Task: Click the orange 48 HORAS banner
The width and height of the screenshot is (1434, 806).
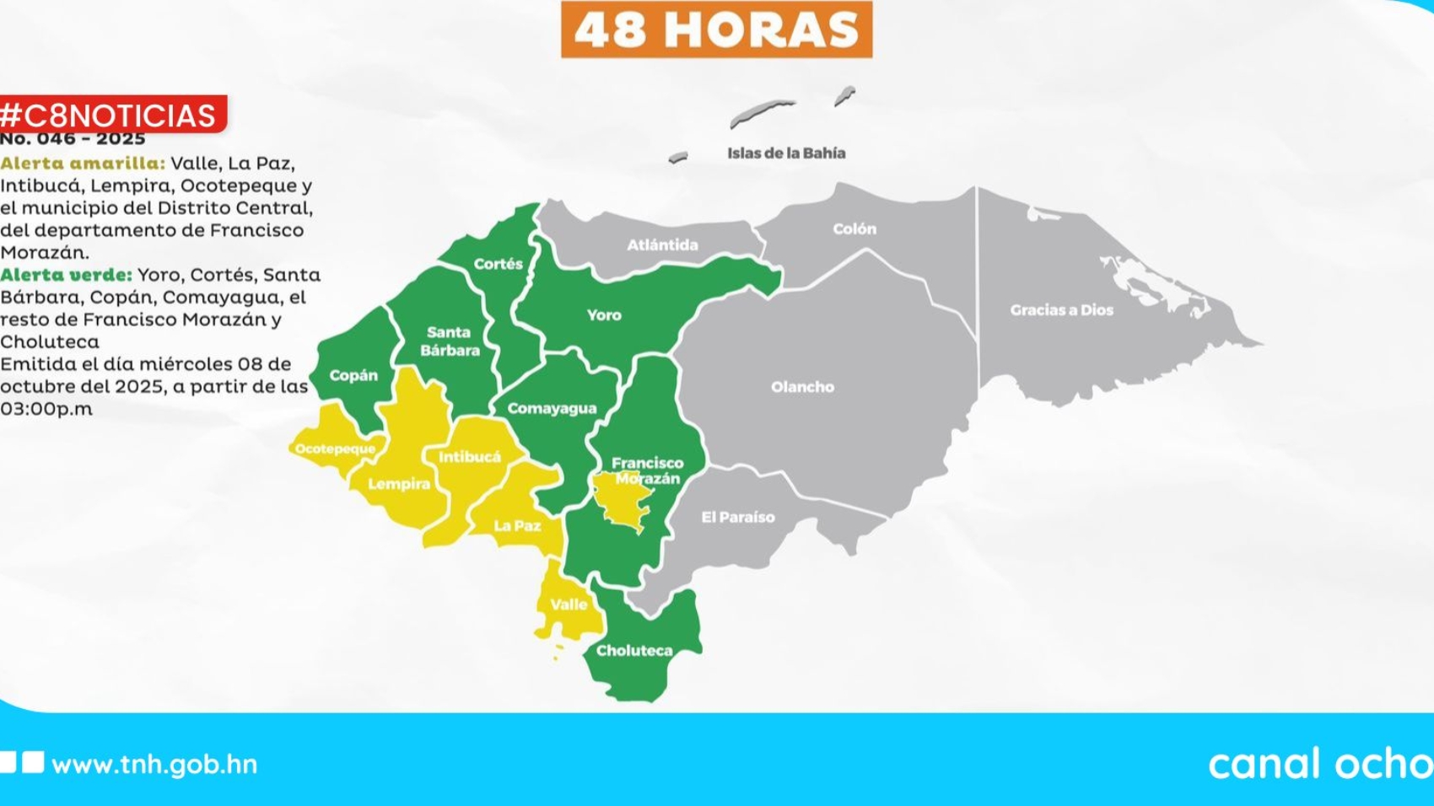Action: point(716,30)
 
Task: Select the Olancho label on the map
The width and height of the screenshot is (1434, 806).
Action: point(802,387)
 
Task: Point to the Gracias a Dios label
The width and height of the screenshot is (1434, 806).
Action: point(1061,310)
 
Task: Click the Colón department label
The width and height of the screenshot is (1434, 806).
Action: point(854,228)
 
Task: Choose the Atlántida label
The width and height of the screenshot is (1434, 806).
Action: point(662,245)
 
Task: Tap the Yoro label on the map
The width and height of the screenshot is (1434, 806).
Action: point(604,315)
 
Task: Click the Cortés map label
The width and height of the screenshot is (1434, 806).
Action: point(498,264)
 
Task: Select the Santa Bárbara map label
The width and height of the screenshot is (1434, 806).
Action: point(450,341)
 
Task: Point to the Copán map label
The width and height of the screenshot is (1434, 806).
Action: point(353,375)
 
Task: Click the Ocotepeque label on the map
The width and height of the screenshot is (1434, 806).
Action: point(335,449)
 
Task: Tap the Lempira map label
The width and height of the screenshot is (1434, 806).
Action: point(399,484)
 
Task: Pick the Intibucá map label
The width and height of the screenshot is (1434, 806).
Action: point(470,457)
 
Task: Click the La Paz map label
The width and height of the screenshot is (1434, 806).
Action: point(517,526)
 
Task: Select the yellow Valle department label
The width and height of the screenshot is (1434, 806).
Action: point(569,604)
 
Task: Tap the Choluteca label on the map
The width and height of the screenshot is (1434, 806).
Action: point(634,651)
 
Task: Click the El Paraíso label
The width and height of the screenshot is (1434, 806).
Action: point(738,518)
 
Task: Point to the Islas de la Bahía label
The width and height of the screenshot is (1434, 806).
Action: point(786,153)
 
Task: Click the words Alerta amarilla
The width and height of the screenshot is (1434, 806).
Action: point(83,164)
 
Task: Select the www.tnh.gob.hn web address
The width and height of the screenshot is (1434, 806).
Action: point(154,765)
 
